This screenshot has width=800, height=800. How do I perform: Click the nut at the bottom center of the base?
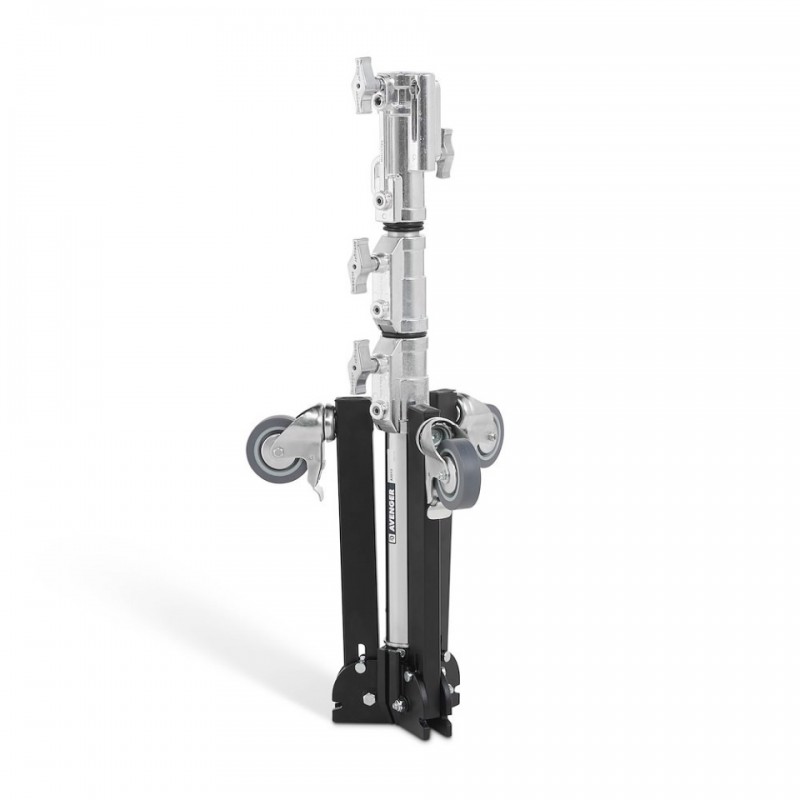coord(399,706)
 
